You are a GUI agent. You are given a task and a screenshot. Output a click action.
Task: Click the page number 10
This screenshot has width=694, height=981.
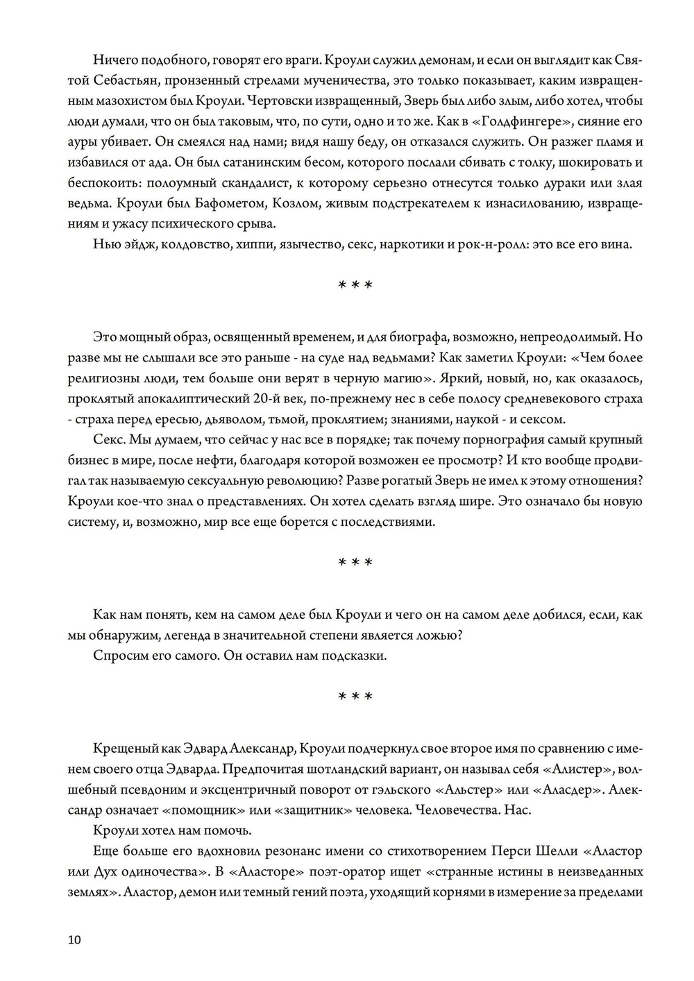(x=74, y=940)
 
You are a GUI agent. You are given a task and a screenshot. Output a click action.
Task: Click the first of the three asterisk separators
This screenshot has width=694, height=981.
(x=355, y=286)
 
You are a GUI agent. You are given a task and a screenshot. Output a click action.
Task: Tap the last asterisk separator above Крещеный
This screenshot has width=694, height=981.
(x=355, y=697)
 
